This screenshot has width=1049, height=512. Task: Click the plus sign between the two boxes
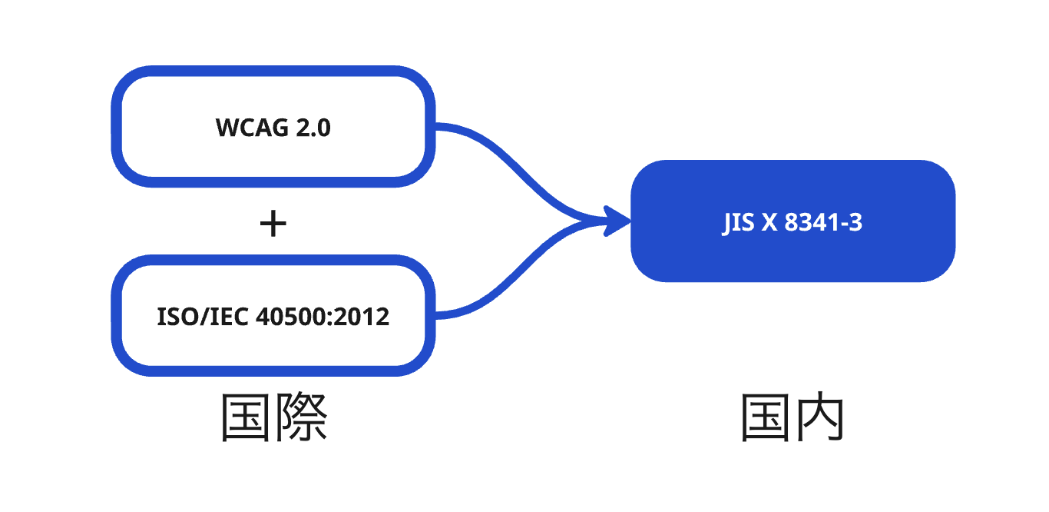[273, 224]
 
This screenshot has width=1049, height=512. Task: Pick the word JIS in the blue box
[737, 223]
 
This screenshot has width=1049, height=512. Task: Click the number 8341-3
[824, 223]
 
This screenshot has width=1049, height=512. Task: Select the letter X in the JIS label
[769, 223]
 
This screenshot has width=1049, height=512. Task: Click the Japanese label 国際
[274, 417]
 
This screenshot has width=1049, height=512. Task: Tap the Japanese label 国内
[793, 417]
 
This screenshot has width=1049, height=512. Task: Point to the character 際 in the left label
[302, 417]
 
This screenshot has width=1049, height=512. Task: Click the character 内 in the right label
[820, 417]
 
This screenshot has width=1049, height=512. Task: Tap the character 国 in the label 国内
[766, 417]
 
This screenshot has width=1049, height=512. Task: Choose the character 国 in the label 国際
[247, 417]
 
